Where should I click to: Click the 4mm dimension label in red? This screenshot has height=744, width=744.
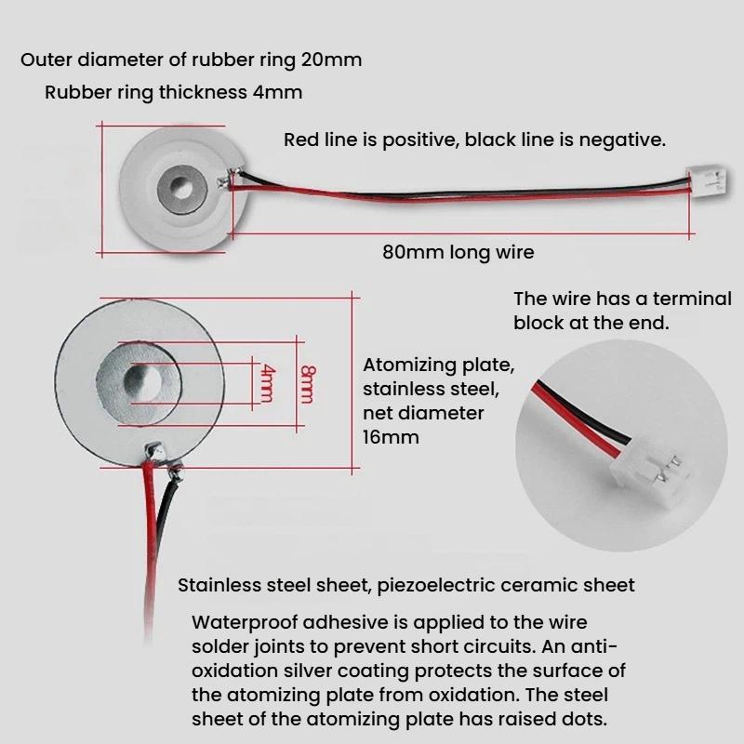click(267, 383)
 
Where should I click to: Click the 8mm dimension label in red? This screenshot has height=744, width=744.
click(307, 384)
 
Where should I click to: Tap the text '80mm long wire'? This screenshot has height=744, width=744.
click(458, 252)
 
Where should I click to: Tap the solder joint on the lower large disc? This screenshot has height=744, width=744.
click(154, 452)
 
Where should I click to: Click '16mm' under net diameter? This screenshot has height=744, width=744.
click(391, 437)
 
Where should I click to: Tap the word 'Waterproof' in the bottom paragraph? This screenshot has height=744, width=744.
click(245, 622)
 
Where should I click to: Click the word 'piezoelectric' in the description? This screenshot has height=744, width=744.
click(436, 586)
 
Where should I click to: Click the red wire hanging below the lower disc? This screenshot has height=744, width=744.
click(150, 551)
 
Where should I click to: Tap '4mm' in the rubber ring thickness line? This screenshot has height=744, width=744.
click(277, 92)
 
